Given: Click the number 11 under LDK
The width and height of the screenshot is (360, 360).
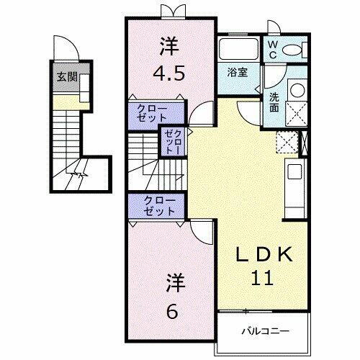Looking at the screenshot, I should [x=263, y=277].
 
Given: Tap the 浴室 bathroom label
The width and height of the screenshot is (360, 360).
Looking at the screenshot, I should [x=238, y=72].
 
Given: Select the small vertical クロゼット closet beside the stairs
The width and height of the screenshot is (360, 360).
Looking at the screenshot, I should [x=173, y=142].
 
